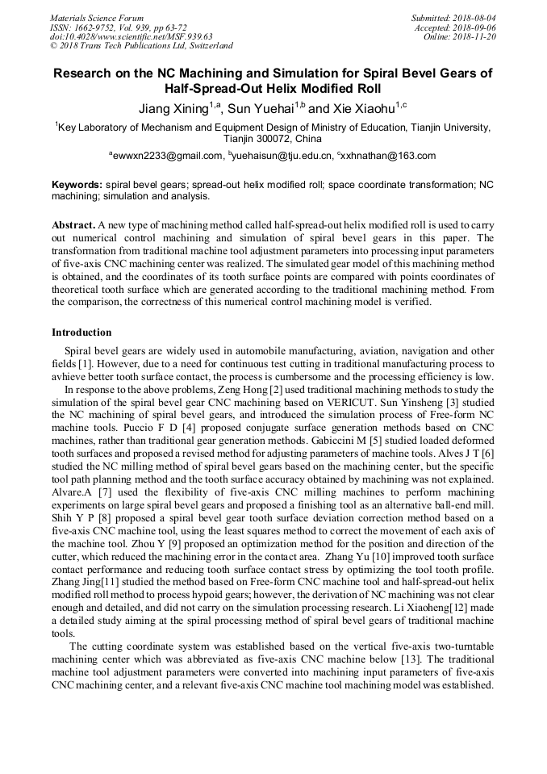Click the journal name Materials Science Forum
(97, 18)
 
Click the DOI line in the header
(131, 36)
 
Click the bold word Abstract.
(73, 224)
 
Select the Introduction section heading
(81, 333)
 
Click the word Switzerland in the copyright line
(207, 46)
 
